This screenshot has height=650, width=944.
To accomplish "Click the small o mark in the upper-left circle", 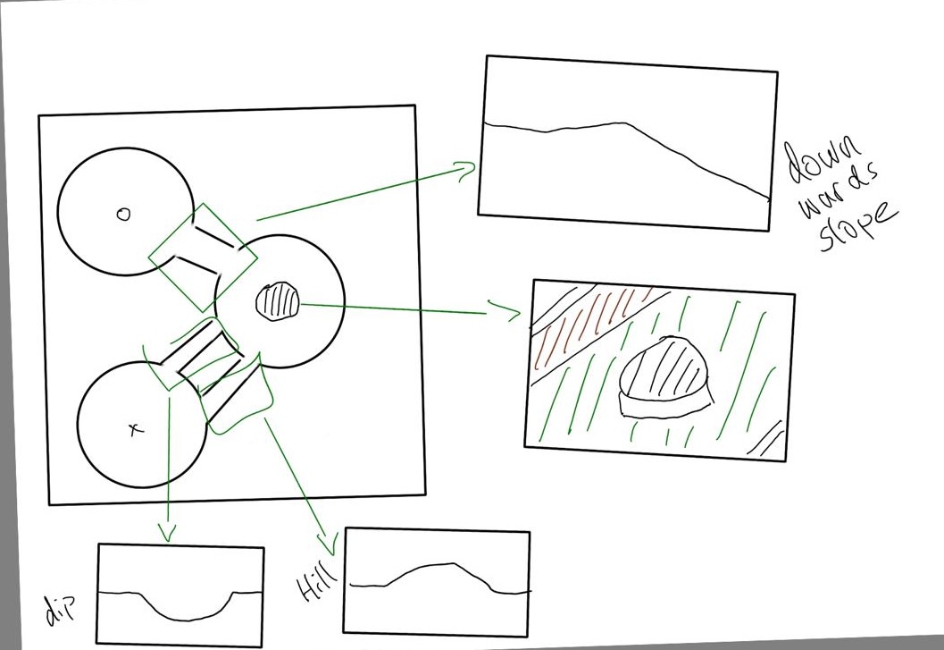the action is (x=123, y=214).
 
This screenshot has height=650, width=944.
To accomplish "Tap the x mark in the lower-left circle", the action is (x=137, y=429).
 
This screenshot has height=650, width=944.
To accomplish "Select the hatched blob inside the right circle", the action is (x=278, y=301).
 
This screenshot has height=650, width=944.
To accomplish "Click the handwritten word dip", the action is (x=61, y=608).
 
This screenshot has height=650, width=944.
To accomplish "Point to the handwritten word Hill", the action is (x=317, y=582).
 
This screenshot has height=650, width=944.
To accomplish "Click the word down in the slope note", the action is (x=823, y=160).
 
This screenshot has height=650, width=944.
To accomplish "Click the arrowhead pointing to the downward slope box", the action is (x=467, y=172).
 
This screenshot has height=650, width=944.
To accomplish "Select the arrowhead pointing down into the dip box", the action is (x=167, y=532).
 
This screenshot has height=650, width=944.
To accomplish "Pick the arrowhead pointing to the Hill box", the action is (x=328, y=544).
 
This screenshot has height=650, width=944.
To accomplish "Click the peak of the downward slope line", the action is (x=622, y=123).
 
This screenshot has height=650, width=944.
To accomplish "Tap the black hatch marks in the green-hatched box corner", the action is (x=765, y=438).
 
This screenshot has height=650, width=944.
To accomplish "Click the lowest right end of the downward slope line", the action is (x=770, y=198).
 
